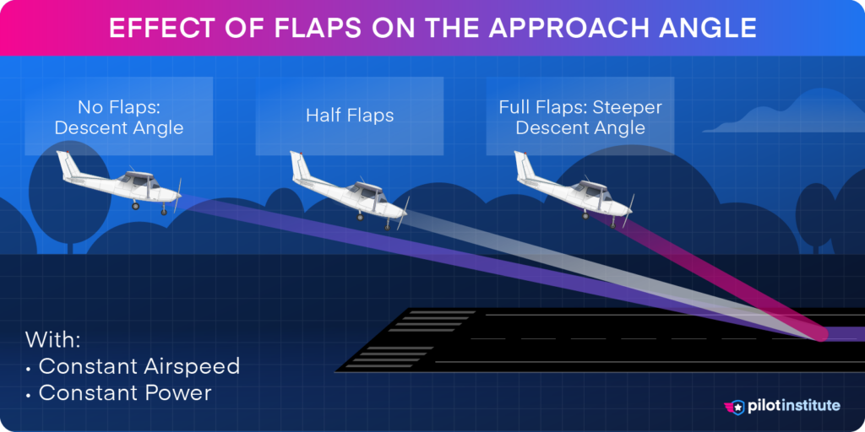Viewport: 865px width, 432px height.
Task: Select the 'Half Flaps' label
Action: click(x=350, y=116)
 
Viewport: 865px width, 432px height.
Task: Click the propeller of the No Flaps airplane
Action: click(x=177, y=196)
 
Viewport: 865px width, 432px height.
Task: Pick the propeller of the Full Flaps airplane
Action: click(x=630, y=211)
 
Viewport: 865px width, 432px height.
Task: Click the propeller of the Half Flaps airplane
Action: click(x=403, y=213)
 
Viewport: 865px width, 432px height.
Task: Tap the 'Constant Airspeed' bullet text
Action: click(x=139, y=367)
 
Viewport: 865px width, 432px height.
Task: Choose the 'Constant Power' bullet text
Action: click(x=124, y=393)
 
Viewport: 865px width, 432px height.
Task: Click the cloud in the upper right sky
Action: click(x=764, y=118)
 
